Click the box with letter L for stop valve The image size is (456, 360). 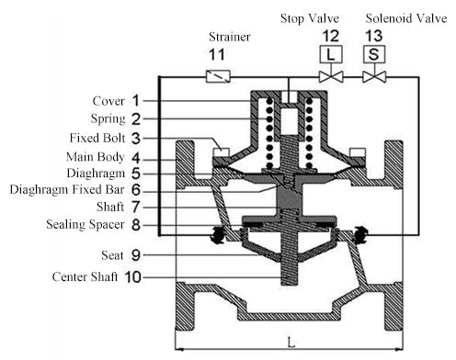coord(330,54)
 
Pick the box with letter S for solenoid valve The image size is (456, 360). coord(373,54)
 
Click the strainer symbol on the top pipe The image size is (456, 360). coord(217,78)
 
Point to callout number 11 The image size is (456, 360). coord(217,54)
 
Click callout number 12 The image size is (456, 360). coord(330,35)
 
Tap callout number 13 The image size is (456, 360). coord(373,35)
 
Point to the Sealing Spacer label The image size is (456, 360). coord(87,224)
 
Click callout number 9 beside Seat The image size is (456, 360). coord(135,254)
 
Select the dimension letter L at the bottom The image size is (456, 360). coord(291,342)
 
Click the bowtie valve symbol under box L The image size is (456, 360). coord(330,78)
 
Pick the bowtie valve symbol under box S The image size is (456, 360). coord(373,78)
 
